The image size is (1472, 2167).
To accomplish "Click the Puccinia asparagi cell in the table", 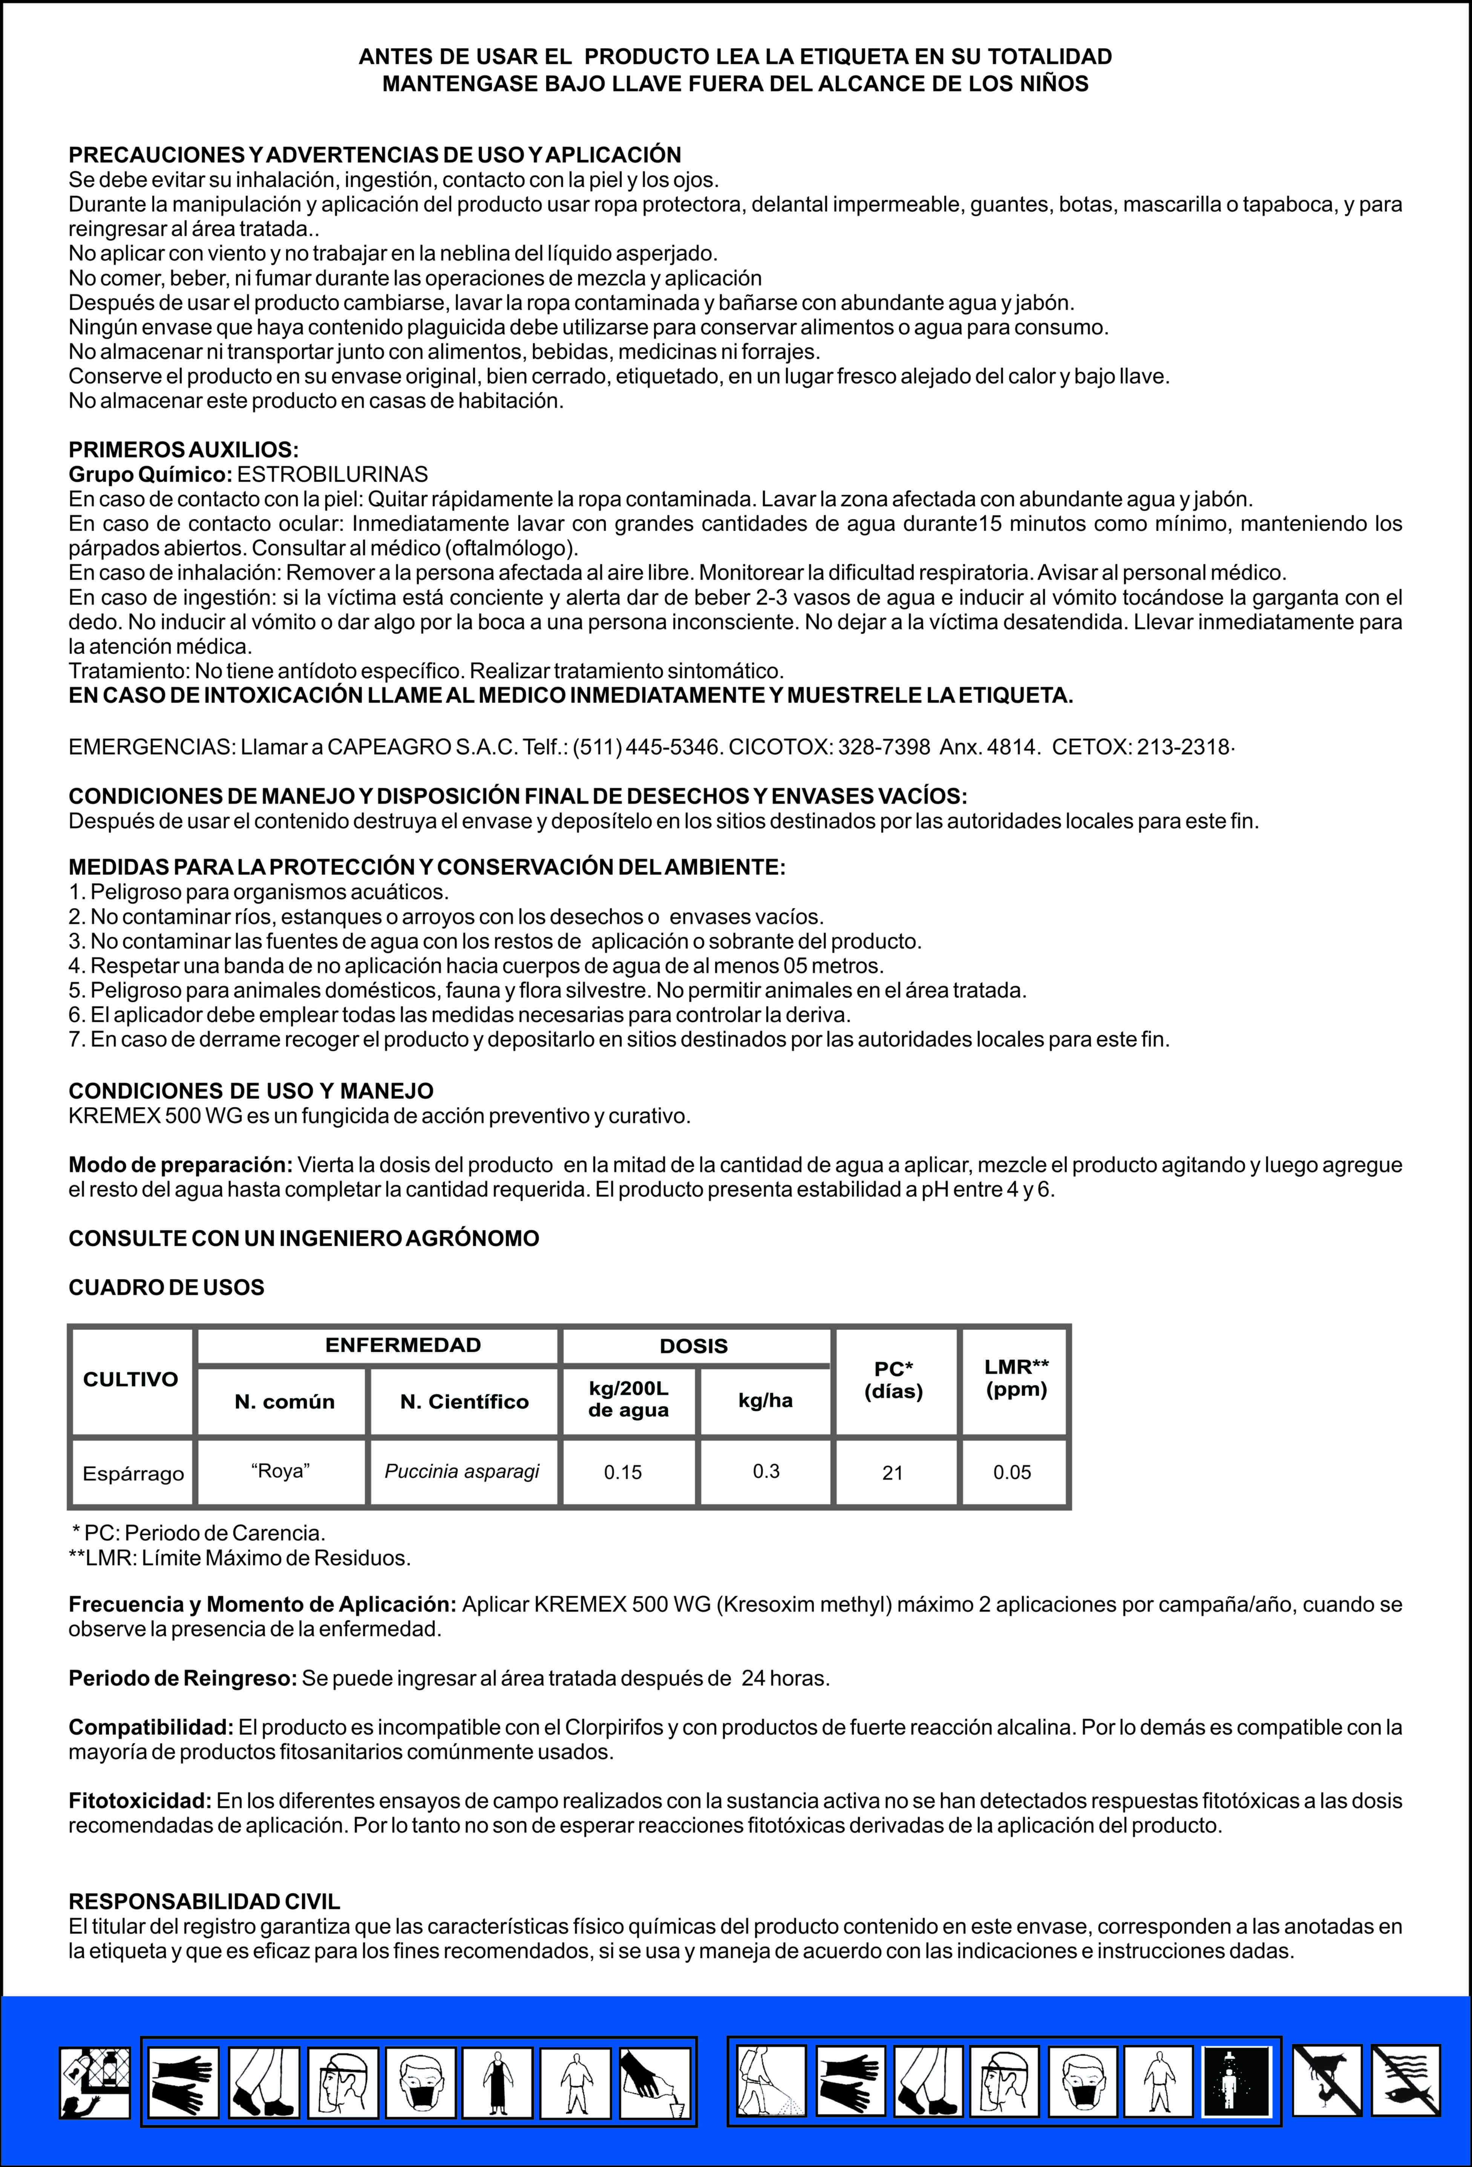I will click(463, 1471).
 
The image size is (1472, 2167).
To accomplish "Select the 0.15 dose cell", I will click(623, 1472).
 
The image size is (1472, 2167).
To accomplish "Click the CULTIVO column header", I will click(130, 1379).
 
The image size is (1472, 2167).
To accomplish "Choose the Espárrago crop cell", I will click(133, 1473).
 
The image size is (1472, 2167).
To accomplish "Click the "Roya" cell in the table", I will click(280, 1470).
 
